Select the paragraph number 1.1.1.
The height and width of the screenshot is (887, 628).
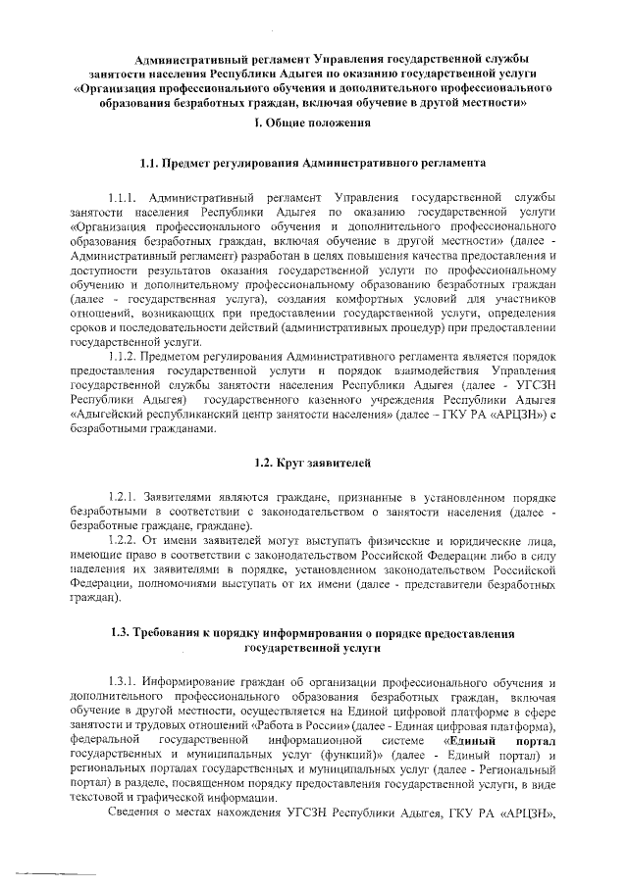pos(129,186)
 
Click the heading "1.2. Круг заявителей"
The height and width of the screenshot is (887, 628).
pos(313,462)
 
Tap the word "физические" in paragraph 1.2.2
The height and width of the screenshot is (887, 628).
pos(398,540)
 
